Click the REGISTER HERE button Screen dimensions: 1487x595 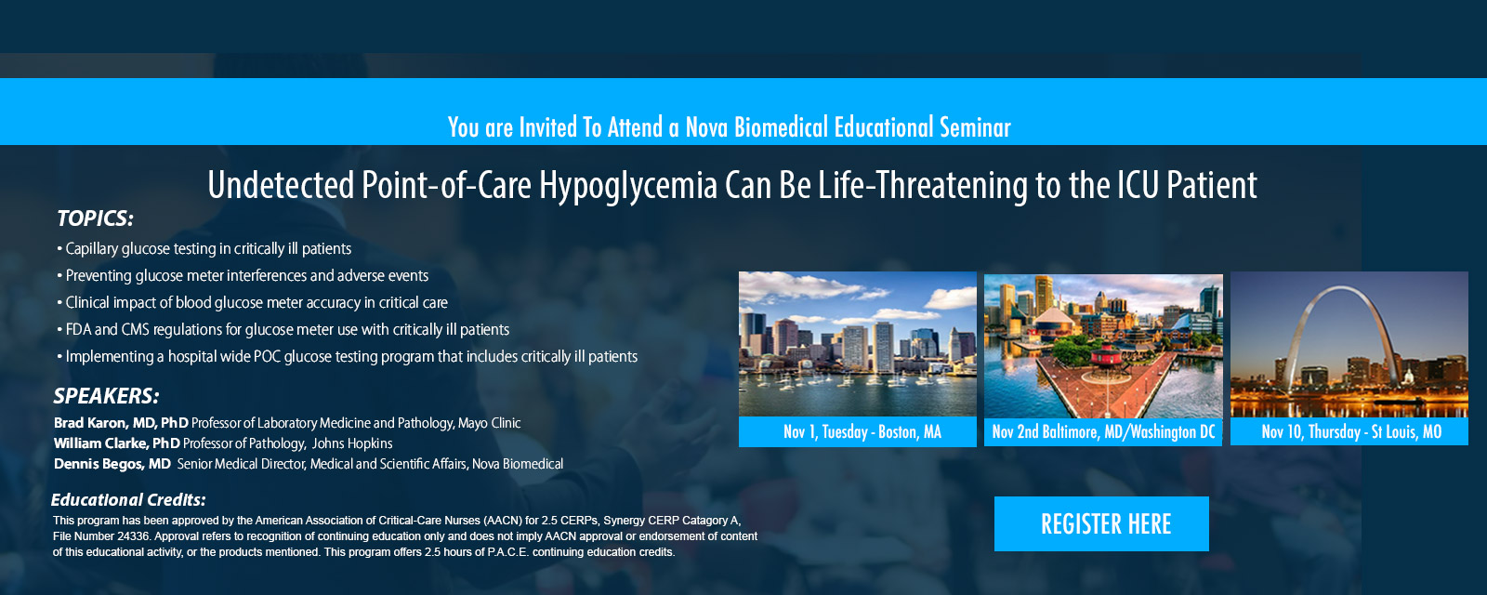tap(1101, 524)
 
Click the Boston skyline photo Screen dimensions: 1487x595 tap(858, 344)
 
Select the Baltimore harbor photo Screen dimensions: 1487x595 tap(1103, 346)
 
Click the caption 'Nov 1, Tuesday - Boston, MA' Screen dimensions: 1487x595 tap(862, 432)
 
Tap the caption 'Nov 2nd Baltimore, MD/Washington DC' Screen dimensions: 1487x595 tap(1103, 432)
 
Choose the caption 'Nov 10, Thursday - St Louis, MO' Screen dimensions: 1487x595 tap(1351, 432)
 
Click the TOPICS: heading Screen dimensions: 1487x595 tap(95, 218)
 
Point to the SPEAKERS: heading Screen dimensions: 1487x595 tap(106, 396)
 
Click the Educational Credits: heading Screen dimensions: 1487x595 tap(128, 500)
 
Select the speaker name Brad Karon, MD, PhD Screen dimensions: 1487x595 tap(121, 423)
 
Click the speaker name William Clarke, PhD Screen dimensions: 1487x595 tap(117, 443)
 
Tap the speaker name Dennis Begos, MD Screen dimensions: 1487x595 tap(112, 464)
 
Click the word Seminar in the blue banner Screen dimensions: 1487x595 tap(975, 127)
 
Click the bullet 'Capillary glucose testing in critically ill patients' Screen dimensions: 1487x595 tap(204, 249)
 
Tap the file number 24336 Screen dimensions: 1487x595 tap(134, 536)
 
